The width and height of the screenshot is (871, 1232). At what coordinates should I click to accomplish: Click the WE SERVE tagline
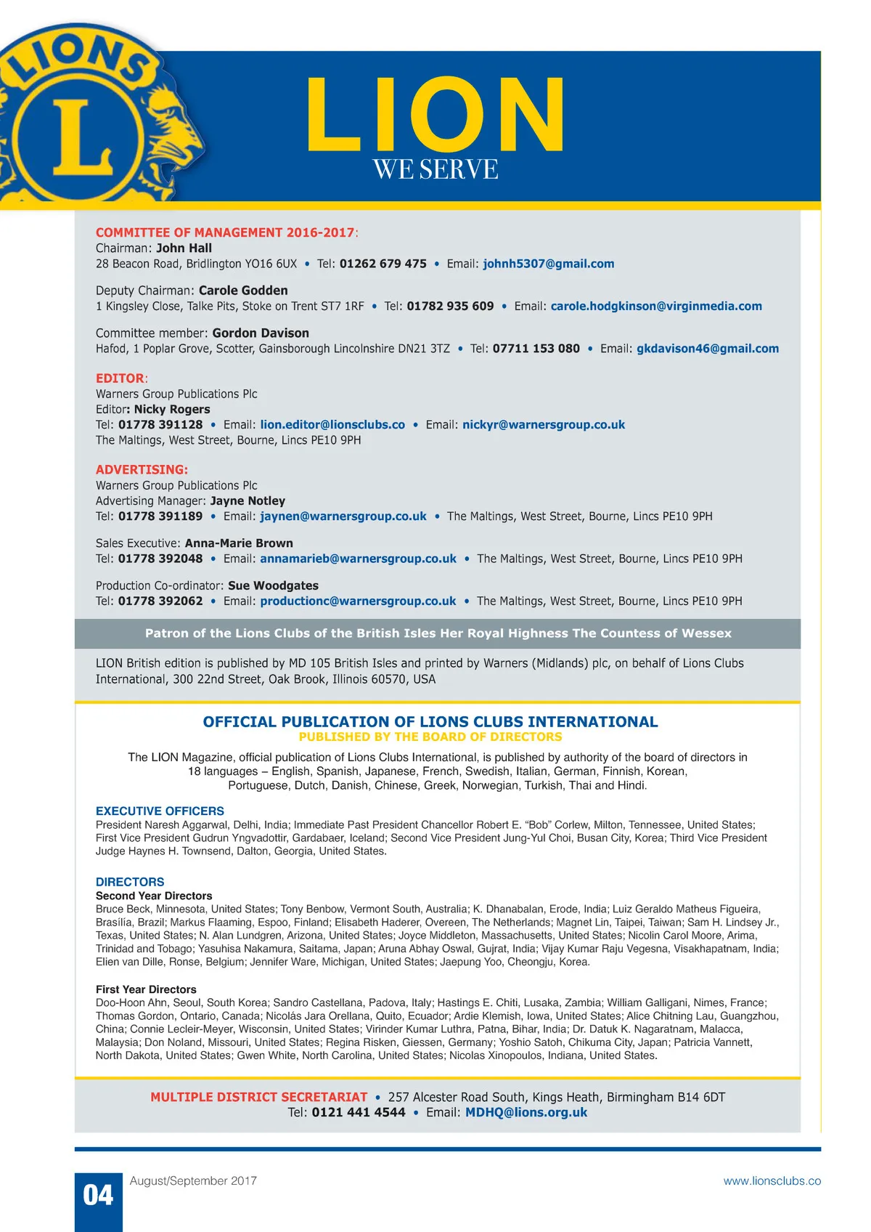pos(435,170)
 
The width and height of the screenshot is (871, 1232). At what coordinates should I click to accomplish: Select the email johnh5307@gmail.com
pos(549,264)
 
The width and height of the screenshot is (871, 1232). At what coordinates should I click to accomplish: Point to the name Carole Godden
pos(243,291)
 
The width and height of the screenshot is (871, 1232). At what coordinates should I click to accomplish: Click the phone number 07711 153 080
pos(536,349)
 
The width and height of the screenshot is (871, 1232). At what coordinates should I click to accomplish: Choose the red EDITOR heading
pos(120,378)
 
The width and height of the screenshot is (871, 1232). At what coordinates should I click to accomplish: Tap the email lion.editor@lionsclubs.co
pos(332,425)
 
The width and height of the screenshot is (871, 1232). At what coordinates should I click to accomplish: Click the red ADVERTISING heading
pos(142,470)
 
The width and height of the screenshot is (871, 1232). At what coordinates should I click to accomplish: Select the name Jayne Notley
pos(248,501)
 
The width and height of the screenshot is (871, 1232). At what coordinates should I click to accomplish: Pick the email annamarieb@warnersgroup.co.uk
pos(358,559)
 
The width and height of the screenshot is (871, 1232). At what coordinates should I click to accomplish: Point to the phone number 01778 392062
pos(160,601)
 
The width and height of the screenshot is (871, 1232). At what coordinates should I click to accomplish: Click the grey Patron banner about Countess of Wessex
pos(438,633)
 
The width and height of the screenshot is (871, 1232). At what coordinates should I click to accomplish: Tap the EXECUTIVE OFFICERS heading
pos(160,811)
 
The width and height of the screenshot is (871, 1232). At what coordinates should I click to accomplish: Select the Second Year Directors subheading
pos(154,896)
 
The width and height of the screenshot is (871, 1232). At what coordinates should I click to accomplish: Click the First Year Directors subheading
pos(146,989)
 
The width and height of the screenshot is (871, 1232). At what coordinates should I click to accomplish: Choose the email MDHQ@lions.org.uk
pos(526,1113)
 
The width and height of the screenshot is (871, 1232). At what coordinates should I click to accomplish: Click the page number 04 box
pos(98,1195)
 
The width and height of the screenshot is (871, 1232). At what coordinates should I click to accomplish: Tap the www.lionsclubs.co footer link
pos(772,1181)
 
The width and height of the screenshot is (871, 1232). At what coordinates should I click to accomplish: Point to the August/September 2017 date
pos(193,1181)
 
